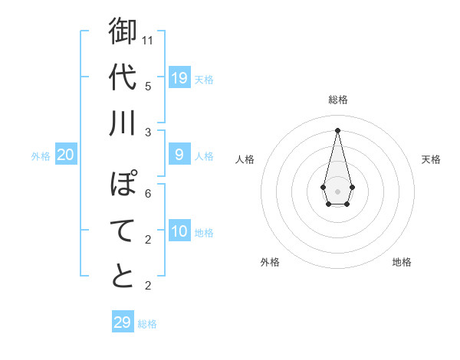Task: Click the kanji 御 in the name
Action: (123, 32)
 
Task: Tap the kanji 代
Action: (123, 77)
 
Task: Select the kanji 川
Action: (123, 123)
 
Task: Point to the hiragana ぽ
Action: (123, 185)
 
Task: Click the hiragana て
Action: (123, 231)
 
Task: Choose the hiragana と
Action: (123, 277)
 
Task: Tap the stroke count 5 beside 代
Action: (148, 85)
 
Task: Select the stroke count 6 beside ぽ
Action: (148, 193)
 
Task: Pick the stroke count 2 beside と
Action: (148, 286)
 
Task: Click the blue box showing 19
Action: (179, 77)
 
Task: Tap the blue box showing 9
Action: (179, 155)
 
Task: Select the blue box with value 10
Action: (179, 231)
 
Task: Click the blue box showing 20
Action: (66, 155)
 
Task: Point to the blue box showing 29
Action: (123, 322)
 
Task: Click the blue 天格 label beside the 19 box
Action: (204, 79)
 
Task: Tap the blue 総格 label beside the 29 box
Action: (147, 324)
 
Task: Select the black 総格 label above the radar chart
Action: (337, 100)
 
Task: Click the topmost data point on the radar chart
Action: (337, 129)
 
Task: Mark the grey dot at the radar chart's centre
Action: (337, 190)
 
